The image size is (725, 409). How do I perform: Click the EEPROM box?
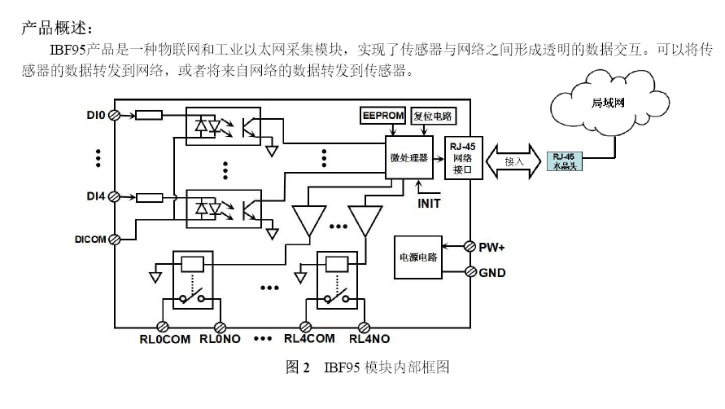382,116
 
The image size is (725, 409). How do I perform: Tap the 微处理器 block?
408,157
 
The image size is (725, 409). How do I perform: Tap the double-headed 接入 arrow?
513,161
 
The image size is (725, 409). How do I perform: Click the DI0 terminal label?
96,115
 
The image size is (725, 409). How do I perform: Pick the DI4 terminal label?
96,196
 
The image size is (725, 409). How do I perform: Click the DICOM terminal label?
90,238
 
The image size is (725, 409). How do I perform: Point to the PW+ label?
493,245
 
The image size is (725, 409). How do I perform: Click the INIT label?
429,203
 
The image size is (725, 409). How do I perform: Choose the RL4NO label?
369,339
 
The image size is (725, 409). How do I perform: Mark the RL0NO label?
220,339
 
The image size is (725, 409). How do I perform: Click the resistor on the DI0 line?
149,115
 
